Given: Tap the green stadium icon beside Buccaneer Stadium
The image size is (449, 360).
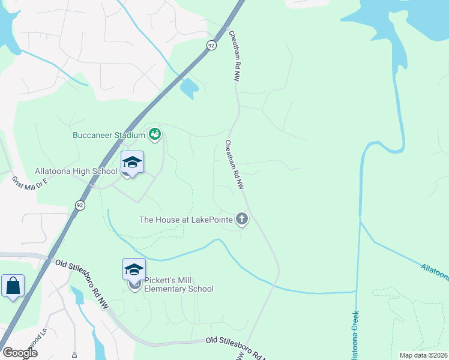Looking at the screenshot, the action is [x=155, y=134].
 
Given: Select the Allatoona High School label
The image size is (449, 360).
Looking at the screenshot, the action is [x=76, y=172].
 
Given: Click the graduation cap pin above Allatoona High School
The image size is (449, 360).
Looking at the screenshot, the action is [x=133, y=163].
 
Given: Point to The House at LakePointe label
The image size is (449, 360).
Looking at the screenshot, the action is [x=185, y=220].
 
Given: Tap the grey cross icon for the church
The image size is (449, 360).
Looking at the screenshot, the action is [x=242, y=218].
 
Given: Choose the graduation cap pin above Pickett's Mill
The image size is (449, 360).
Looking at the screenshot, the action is [x=134, y=270].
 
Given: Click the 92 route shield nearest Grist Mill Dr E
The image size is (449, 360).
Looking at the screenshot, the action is [x=80, y=205].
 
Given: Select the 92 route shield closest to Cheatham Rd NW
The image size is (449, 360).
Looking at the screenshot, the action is [x=211, y=46].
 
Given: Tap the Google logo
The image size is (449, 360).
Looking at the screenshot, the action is [x=19, y=353].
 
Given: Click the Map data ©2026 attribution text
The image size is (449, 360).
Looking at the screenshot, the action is [x=423, y=355].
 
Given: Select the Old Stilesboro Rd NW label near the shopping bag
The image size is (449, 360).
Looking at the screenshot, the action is [x=79, y=275].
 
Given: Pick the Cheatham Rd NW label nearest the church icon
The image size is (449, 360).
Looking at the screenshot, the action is [x=235, y=166].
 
